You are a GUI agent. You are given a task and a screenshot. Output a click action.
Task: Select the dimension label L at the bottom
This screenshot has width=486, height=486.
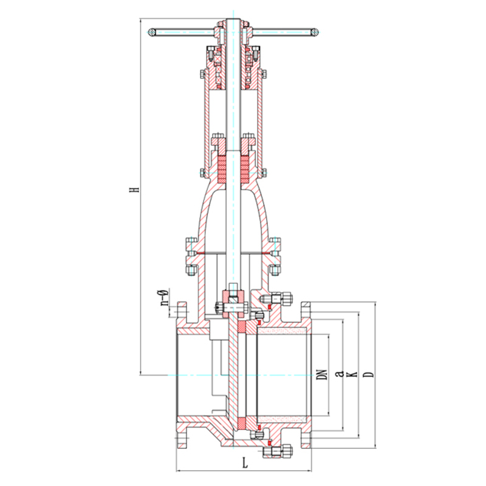[245, 464]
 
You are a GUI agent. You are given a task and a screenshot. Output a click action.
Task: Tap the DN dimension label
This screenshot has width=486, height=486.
[323, 375]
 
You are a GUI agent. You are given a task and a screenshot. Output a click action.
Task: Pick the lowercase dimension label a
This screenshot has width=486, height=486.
[340, 374]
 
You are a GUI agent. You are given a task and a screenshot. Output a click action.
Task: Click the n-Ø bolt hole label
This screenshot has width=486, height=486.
[164, 297]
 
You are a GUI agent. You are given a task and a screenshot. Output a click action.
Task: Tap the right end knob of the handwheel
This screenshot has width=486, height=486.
[315, 32]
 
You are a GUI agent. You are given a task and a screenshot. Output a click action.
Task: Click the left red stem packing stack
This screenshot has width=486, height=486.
[222, 169]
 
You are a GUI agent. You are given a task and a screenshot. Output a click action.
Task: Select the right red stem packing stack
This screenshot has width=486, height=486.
[245, 169]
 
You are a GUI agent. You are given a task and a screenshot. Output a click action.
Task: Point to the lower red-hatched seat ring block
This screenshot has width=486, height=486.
[241, 423]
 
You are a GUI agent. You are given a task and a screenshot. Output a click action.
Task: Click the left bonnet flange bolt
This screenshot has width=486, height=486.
[191, 256]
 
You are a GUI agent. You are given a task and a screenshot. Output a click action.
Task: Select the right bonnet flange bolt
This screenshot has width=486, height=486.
[275, 256]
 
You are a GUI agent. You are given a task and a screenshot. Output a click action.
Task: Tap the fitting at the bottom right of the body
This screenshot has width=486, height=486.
[278, 451]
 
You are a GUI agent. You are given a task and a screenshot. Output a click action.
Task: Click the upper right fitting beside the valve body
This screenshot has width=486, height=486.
[276, 299]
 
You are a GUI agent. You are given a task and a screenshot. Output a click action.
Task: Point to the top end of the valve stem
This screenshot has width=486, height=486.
[233, 19]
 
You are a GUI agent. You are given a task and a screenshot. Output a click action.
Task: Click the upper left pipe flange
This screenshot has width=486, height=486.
[182, 312]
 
